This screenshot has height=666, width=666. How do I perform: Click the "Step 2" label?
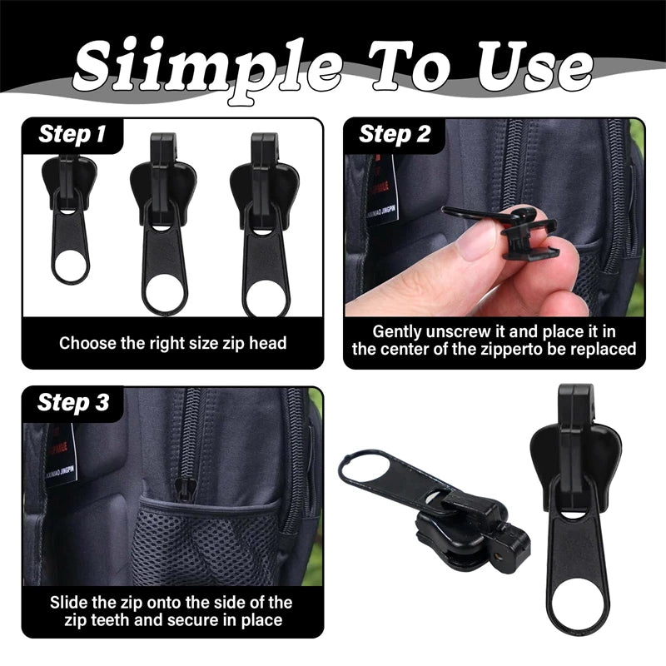point(395,134)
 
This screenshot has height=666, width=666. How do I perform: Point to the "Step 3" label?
point(73,403)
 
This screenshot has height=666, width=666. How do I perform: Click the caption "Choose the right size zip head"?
point(172,342)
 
